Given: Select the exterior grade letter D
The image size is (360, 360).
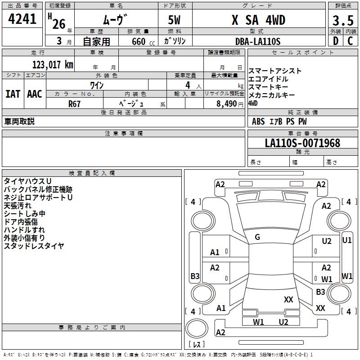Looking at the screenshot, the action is click(x=336, y=41).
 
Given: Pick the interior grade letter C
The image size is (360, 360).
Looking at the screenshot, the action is click(x=350, y=41).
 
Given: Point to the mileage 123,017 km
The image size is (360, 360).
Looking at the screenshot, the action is click(x=53, y=64).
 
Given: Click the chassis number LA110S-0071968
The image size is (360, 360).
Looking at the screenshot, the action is click(x=302, y=143).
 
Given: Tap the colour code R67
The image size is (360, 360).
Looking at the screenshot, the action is click(x=75, y=103).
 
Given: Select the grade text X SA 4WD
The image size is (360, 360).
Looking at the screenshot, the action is click(x=258, y=20).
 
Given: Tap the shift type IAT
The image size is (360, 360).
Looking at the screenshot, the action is click(x=13, y=94).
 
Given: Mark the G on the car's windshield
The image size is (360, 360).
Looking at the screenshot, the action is click(x=257, y=237).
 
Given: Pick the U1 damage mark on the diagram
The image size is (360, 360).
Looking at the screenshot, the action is click(x=347, y=240).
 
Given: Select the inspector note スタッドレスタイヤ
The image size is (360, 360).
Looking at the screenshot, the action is click(x=34, y=246).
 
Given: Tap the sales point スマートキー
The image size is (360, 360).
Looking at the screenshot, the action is click(x=269, y=87).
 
